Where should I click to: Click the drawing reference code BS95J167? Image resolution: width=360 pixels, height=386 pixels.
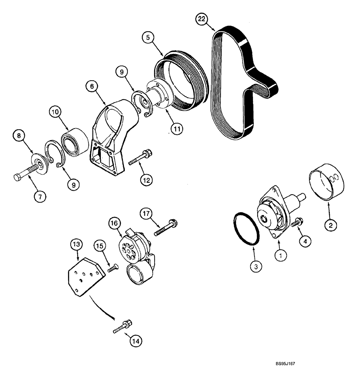coord(288,364)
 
